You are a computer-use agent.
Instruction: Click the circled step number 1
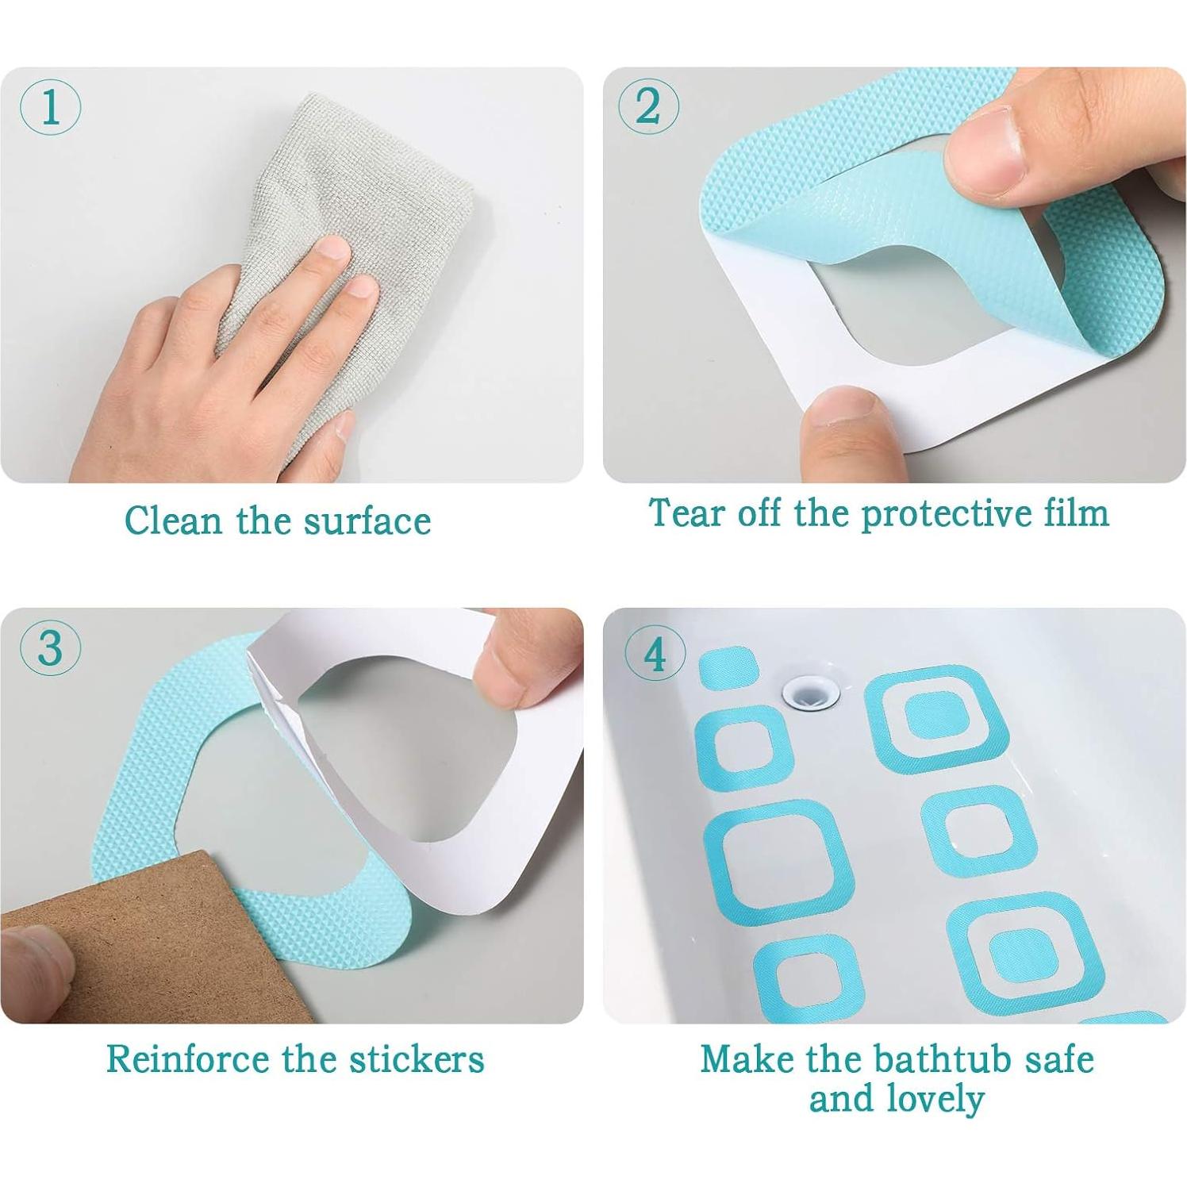(x=50, y=108)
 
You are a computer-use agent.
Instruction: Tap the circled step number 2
(x=648, y=106)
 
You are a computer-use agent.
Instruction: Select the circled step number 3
(x=50, y=647)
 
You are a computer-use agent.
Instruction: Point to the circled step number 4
(x=655, y=655)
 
